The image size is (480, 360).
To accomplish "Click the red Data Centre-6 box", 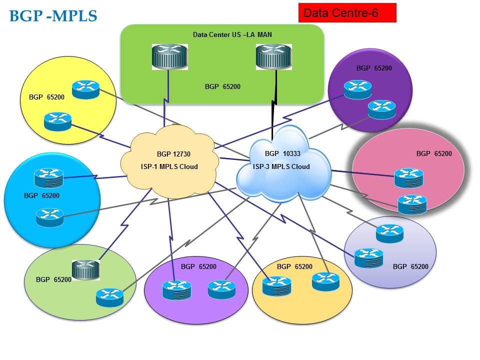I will coord(347,13).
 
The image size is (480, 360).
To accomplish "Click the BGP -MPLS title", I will coord(53,16).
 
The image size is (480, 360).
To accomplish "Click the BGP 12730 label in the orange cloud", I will coord(170,154).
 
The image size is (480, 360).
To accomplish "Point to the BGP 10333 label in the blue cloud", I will coord(279,153).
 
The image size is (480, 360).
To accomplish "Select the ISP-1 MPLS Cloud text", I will coord(170,166).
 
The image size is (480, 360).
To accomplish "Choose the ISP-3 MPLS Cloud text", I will coord(281,166).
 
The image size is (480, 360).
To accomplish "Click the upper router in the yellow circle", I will coord(85,89).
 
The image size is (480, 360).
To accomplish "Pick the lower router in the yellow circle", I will coord(57,121).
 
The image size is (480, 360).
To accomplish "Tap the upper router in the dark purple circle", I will coord(357,89).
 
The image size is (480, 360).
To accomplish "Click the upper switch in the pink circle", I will coord(408,177).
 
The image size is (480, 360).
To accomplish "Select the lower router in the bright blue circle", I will coord(50,217).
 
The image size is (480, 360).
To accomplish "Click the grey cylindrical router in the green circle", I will coord(85,270).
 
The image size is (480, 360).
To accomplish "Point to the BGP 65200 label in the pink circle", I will coord(433,153).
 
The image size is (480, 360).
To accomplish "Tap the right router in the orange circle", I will coord(325,281).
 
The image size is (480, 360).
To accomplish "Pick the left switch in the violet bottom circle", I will coord(176,290).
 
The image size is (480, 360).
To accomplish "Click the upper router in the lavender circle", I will coord(389,233).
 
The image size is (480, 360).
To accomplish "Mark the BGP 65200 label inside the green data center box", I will coord(222,86).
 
